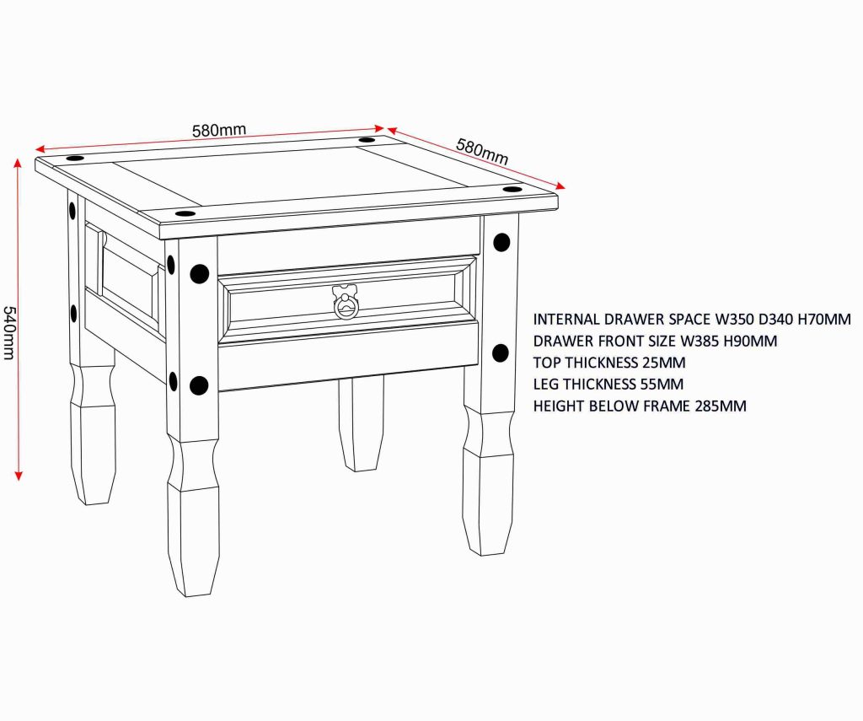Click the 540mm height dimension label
pos(8,333)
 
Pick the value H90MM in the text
pos(750,341)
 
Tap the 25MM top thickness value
pos(664,363)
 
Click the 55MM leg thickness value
pos(662,384)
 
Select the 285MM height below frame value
pos(721,406)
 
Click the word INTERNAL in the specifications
pos(566,320)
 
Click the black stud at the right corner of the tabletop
pos(512,189)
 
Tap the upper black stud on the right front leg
pos(501,242)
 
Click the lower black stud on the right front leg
pos(500,353)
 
